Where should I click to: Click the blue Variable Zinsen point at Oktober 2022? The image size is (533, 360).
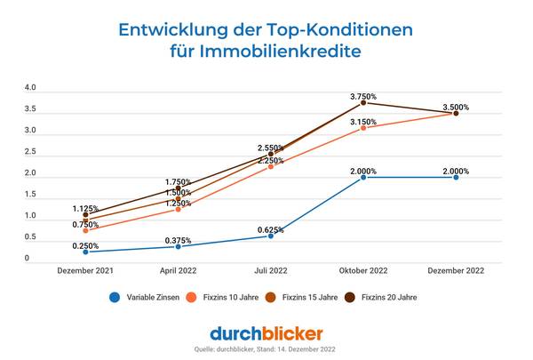click(363, 177)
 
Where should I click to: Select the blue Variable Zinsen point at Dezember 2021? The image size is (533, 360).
click(85, 252)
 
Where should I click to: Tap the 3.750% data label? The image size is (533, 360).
click(363, 96)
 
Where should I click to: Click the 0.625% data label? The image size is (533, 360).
click(270, 230)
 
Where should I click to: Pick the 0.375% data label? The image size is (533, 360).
click(178, 240)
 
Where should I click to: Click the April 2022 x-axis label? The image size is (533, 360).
click(178, 269)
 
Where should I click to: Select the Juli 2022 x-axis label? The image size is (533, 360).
click(270, 269)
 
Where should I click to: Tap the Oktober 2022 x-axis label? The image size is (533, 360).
click(363, 269)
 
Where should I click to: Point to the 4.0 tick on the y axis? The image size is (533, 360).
click(30, 88)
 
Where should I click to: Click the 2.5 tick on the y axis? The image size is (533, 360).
click(30, 152)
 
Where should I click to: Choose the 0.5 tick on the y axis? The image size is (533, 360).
click(30, 237)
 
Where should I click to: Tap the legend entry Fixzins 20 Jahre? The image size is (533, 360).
click(386, 298)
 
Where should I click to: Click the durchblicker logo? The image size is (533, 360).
click(266, 333)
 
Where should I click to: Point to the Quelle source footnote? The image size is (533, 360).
click(266, 350)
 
